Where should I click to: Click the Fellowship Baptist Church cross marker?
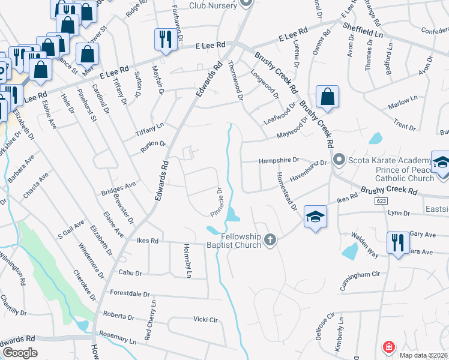(270, 240)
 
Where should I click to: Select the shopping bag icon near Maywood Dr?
(327, 97)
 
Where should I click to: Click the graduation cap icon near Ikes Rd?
(315, 217)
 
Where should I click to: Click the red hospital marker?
(388, 347)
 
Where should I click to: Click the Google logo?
(20, 353)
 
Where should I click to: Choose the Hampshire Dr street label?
(279, 161)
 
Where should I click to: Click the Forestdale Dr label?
(130, 294)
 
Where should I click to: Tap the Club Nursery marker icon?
(245, 2)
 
